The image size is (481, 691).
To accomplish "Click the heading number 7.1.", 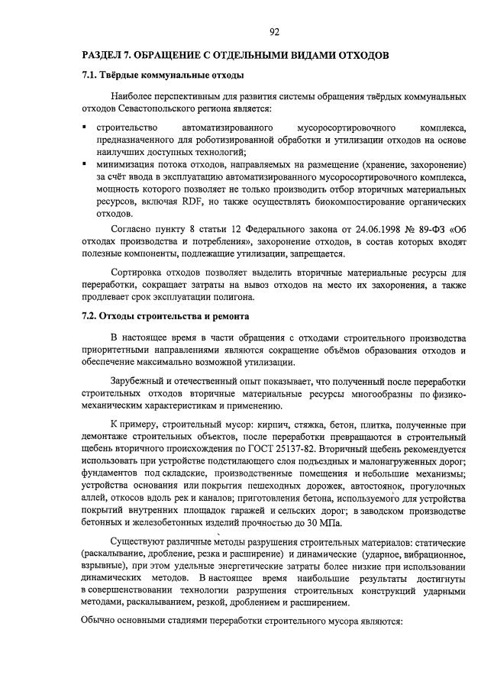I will click(x=90, y=76).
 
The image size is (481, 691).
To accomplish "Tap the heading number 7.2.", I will click(x=90, y=315).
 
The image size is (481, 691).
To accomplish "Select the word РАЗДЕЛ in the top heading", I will click(x=105, y=56).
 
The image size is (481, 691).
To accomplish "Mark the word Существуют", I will click(x=140, y=544).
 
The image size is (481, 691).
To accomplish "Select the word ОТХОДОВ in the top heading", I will click(x=362, y=56).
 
